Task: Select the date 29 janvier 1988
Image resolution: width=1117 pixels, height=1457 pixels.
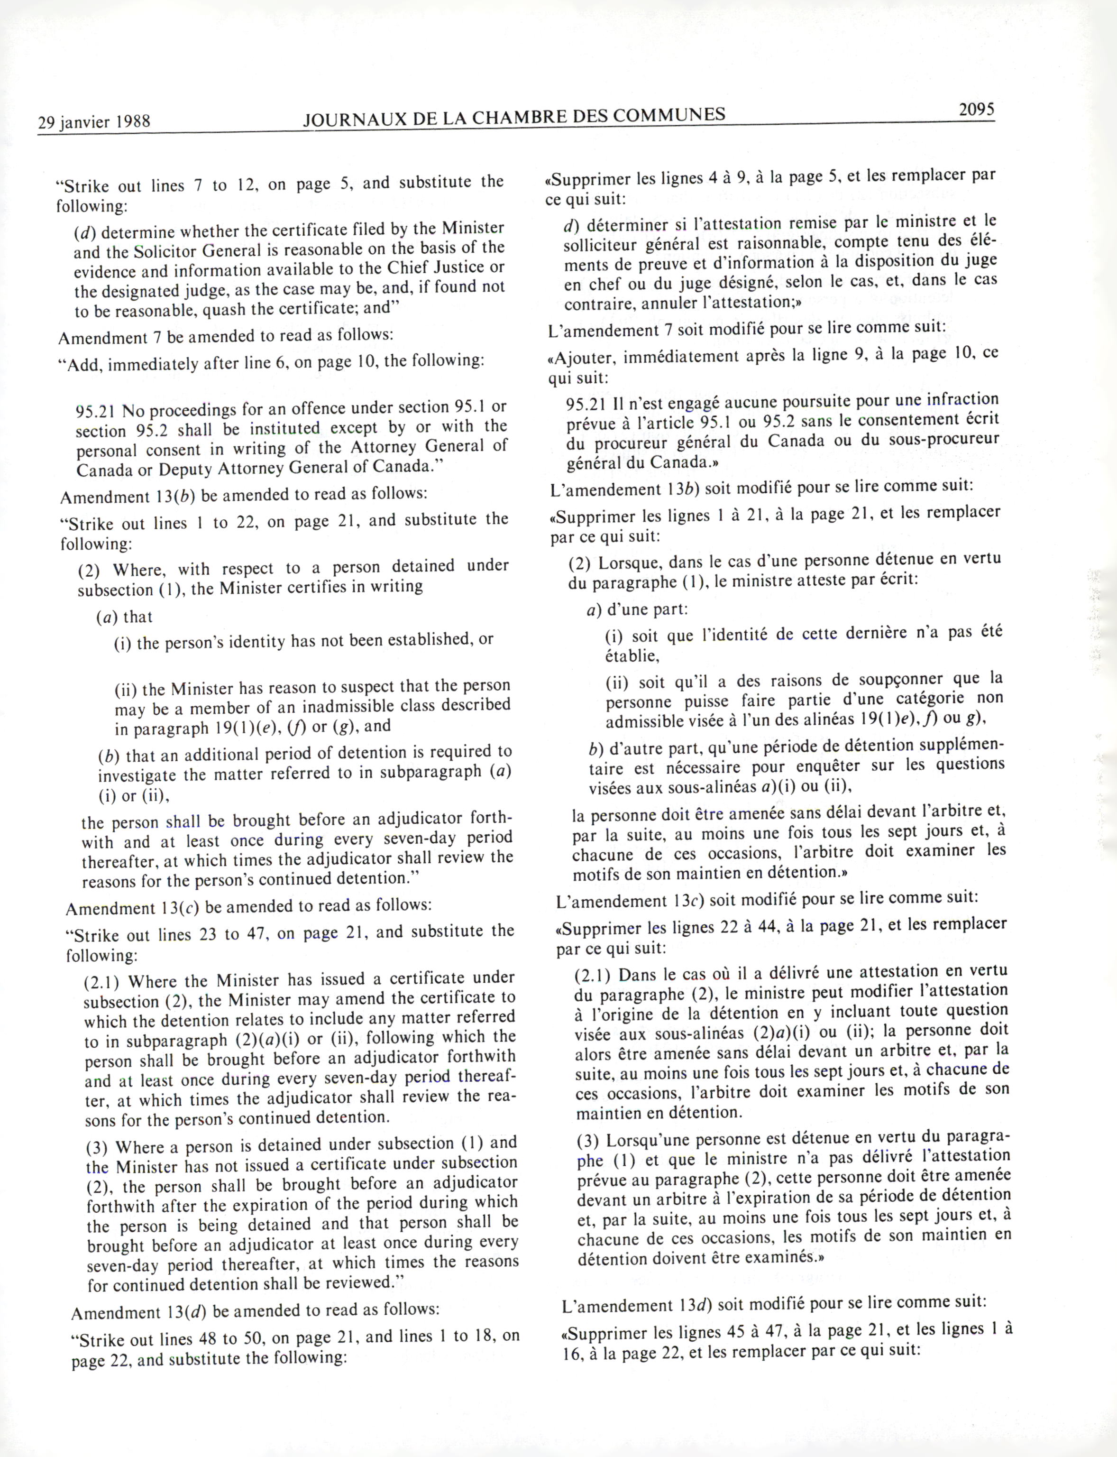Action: tap(94, 122)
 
